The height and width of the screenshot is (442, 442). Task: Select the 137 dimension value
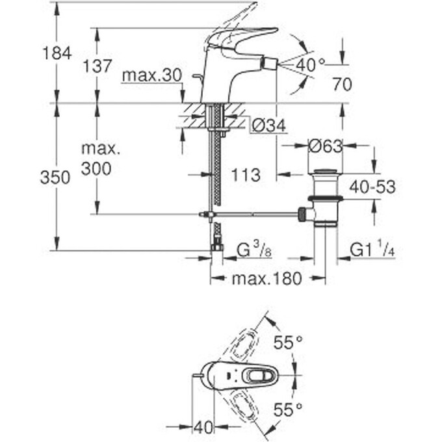pyautogui.click(x=97, y=66)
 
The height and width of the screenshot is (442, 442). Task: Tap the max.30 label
pyautogui.click(x=151, y=76)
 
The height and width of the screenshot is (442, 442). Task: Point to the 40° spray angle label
pyautogui.click(x=310, y=64)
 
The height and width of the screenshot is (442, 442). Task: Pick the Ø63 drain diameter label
pyautogui.click(x=324, y=147)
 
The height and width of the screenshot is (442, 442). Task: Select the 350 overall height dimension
pyautogui.click(x=55, y=177)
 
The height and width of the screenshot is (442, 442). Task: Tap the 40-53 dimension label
pyautogui.click(x=372, y=187)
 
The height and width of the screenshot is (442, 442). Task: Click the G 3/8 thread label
pyautogui.click(x=253, y=249)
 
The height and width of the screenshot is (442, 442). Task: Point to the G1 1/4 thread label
pyautogui.click(x=372, y=249)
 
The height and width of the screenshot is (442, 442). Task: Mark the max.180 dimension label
pyautogui.click(x=267, y=279)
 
